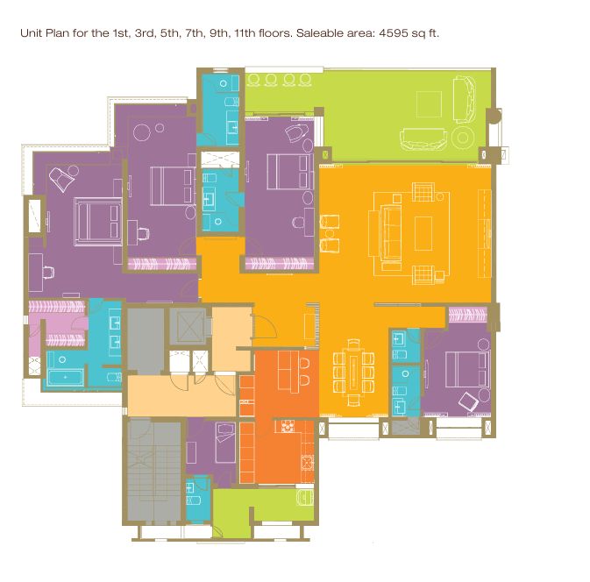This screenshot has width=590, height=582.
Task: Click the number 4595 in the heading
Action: [394, 33]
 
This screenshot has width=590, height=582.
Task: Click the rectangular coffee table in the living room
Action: [423, 233]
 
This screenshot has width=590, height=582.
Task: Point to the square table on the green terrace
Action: [429, 104]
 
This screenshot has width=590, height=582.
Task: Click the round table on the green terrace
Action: [463, 138]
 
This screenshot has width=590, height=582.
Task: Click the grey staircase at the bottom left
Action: [153, 472]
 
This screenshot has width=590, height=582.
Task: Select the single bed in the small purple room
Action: [225, 444]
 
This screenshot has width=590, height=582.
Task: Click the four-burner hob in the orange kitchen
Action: [288, 426]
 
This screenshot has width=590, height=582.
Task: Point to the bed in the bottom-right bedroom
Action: [467, 369]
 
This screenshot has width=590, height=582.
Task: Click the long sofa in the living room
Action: [391, 233]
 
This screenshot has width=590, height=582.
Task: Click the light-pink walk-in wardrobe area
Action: [56, 323]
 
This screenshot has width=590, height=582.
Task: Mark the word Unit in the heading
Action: [32, 33]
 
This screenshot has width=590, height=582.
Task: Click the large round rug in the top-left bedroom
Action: [142, 132]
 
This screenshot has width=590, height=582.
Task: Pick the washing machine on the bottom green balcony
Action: [305, 497]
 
